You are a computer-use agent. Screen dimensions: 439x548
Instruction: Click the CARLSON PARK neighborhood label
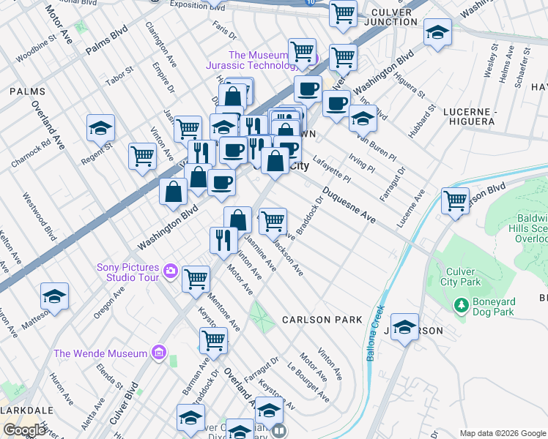click(322, 320)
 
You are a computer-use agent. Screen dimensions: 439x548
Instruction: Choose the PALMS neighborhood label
click(28, 92)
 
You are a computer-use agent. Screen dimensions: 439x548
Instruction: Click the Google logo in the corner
click(24, 430)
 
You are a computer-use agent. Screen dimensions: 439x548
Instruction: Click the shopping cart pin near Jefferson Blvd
click(456, 200)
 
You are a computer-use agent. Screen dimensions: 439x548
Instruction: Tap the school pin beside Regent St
click(100, 129)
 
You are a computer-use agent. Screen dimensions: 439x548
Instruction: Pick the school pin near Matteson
click(54, 296)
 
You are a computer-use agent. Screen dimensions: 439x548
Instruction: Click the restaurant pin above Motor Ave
click(223, 239)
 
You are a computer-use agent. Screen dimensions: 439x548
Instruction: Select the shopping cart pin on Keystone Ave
click(213, 339)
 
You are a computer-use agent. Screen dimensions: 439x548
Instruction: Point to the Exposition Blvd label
click(197, 6)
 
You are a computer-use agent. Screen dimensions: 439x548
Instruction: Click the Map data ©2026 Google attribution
click(502, 433)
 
